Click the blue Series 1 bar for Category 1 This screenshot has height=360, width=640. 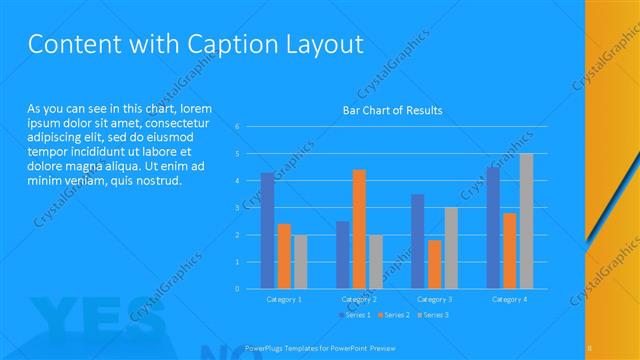point(268,231)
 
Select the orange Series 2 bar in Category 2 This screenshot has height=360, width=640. point(359,229)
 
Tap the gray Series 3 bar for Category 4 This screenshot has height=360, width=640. point(526,221)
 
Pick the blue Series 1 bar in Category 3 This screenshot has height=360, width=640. point(417,241)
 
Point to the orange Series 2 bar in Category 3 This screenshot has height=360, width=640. point(434,264)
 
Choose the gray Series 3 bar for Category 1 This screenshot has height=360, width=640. point(301,262)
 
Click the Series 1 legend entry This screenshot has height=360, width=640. point(355,315)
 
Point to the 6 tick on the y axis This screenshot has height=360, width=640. point(237,127)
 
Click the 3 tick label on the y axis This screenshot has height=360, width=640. point(237,208)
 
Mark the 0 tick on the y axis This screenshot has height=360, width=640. point(237,289)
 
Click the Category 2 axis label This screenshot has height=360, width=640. point(359,299)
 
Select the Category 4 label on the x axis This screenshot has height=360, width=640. point(509,299)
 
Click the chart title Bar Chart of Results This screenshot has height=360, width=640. point(392,110)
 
